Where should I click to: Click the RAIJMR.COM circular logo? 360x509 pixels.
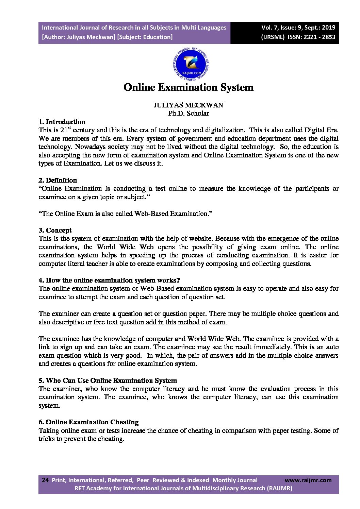[191, 64]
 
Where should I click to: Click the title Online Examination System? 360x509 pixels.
[189, 87]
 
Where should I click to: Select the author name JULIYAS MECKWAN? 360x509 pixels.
[188, 105]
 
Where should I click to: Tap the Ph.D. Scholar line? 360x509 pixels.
[189, 113]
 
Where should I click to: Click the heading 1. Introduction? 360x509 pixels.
[62, 122]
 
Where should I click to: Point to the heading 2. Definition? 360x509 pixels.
[58, 180]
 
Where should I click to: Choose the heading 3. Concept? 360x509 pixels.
[55, 230]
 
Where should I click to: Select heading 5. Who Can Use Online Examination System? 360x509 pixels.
[108, 380]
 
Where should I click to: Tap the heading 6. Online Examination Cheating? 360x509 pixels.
[88, 422]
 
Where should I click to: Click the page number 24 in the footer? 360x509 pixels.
[45, 480]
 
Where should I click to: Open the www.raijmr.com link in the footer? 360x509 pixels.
[308, 480]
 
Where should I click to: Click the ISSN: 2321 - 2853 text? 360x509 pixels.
[311, 37]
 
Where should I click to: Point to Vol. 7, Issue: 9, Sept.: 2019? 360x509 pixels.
[298, 28]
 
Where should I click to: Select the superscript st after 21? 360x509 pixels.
[69, 128]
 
